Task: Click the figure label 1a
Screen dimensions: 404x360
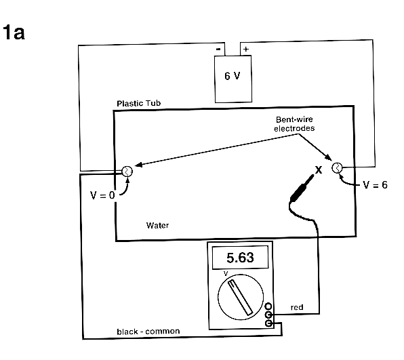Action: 14,33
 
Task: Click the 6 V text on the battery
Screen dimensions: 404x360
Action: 232,76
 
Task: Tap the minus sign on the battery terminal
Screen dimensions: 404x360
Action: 218,49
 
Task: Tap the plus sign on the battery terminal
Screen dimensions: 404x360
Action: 246,49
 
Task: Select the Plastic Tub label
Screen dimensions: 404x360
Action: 138,103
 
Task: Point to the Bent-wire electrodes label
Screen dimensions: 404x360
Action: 294,123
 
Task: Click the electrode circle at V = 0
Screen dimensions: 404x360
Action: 127,172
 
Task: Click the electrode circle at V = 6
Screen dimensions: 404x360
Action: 337,167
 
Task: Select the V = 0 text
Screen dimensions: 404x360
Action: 102,195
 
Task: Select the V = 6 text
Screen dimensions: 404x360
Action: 375,185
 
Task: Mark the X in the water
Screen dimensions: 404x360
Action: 319,169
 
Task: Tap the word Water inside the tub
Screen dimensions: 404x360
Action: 157,226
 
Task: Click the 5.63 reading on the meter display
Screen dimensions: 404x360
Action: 240,258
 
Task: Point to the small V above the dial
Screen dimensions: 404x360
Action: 226,273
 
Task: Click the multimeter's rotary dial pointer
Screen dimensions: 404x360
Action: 241,298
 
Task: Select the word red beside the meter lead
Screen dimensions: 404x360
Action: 297,307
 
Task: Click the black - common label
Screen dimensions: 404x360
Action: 148,332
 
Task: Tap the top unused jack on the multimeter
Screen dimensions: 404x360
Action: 268,306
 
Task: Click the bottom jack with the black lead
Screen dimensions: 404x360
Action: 268,323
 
